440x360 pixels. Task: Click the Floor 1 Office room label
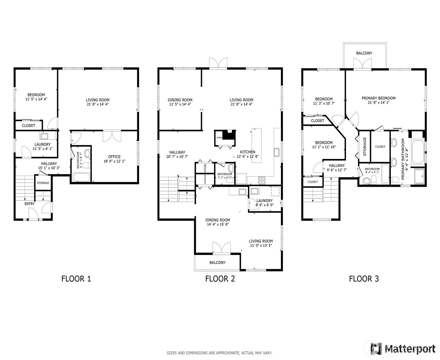[x=114, y=157]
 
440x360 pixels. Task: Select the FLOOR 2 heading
[x=220, y=278]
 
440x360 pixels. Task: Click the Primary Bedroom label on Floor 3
[x=378, y=98]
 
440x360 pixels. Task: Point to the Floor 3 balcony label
[x=364, y=53]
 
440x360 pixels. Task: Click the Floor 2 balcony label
[x=217, y=263]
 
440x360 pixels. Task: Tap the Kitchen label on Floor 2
[x=247, y=152]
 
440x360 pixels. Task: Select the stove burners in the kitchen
[x=262, y=180]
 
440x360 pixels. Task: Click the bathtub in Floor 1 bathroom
[x=82, y=177]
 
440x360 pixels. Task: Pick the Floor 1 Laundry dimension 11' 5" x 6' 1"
[x=43, y=149]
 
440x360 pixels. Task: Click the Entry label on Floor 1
[x=30, y=204]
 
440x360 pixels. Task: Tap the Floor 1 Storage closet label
[x=43, y=183]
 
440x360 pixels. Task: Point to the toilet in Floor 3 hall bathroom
[x=366, y=181]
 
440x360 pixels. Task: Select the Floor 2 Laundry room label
[x=264, y=201]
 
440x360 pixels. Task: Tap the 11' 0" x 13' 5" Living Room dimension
[x=261, y=245]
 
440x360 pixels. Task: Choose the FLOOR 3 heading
[x=364, y=278]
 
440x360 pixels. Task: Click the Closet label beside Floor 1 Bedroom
[x=28, y=126]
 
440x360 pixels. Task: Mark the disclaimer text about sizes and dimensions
[x=219, y=353]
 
